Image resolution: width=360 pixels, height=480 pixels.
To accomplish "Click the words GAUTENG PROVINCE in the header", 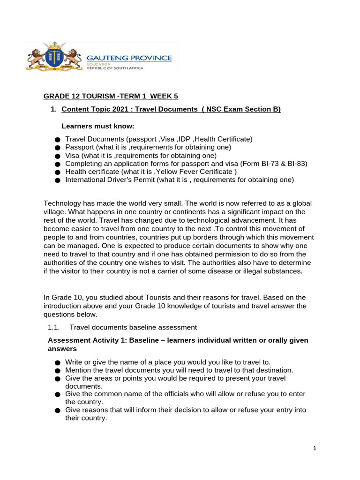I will pos(129,58).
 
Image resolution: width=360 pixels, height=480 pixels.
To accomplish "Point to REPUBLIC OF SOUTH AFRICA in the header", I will pos(115,68).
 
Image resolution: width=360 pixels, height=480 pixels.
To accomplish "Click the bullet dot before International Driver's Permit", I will pos(58,180).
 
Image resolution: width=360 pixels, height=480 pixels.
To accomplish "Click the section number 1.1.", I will pos(54,327).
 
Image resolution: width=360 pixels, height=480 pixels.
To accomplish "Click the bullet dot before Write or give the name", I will pos(58,362).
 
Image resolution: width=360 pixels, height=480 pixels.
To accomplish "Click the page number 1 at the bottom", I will pos(315,449).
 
